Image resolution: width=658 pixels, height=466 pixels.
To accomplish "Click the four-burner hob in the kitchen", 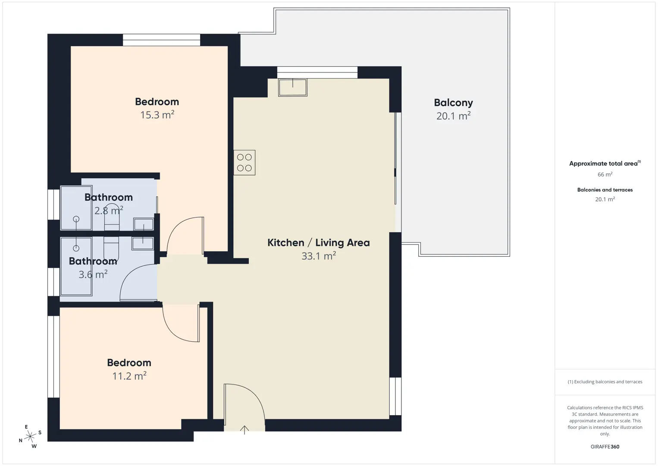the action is tap(244, 163).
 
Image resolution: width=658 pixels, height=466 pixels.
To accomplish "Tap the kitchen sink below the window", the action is tap(293, 87).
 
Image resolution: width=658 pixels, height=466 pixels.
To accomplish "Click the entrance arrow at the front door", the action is tap(244, 430).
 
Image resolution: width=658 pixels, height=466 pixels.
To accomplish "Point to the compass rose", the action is tap(30, 437).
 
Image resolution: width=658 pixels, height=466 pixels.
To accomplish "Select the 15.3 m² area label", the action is tap(157, 115).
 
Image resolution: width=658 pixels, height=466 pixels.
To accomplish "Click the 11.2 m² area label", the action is tap(129, 376).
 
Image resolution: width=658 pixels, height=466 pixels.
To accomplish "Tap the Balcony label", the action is tap(454, 103).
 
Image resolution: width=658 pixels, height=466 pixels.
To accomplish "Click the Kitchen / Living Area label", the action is tap(318, 242).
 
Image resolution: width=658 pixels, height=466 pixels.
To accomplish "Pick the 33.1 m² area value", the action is tap(319, 256).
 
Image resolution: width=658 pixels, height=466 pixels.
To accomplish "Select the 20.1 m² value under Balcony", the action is tap(454, 116).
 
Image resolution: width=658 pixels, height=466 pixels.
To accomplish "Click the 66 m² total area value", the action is tap(605, 174).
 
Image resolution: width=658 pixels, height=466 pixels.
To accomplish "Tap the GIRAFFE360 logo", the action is tap(605, 447).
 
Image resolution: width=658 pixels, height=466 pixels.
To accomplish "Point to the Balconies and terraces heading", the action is tap(605, 189).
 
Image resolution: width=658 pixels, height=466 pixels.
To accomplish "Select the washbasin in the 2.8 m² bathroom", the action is tap(143, 224).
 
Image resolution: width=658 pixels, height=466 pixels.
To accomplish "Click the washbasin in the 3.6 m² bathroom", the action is tap(142, 243).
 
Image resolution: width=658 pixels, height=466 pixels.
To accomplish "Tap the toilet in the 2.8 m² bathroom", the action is tap(112, 220).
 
